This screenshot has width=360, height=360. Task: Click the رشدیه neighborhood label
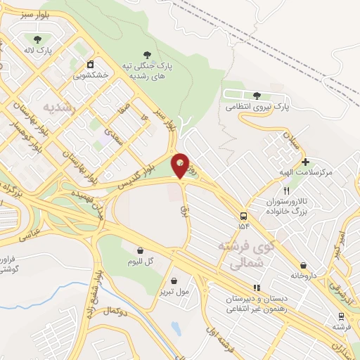click(x=58, y=107)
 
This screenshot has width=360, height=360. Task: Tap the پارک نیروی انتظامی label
click(x=257, y=107)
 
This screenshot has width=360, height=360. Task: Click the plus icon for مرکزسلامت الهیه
click(x=305, y=162)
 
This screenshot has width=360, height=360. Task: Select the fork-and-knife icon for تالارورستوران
click(x=285, y=191)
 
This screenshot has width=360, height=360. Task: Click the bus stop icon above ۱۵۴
click(x=243, y=215)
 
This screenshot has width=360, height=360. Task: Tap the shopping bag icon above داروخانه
click(x=303, y=265)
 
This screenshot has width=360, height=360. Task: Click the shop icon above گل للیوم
click(x=140, y=250)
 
